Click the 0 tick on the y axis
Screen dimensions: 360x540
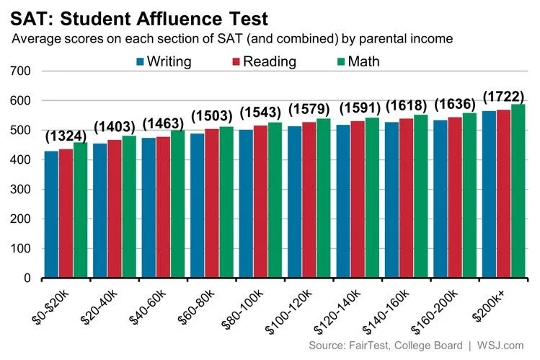(x=27, y=278)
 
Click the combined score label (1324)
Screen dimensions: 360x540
(x=66, y=136)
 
